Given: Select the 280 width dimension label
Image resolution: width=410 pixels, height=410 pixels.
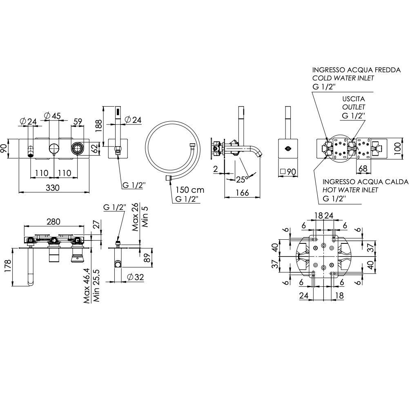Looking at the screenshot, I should [53, 221].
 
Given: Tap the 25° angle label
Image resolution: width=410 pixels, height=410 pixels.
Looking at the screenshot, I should [243, 178].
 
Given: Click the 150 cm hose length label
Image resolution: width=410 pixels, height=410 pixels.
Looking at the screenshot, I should [189, 190].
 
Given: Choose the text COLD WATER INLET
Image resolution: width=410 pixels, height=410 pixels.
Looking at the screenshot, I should [343, 78].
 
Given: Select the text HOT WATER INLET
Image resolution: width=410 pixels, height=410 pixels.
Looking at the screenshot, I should [350, 190].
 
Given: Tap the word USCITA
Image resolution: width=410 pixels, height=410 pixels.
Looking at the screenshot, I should [354, 99].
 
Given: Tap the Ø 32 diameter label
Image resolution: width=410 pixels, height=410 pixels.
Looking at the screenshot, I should [135, 277].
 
